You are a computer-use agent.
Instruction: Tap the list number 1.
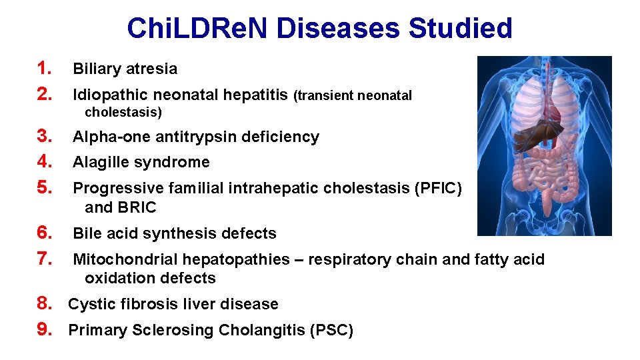pos(45,69)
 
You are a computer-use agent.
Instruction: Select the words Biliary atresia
pos(125,69)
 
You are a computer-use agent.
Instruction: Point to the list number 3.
pos(45,137)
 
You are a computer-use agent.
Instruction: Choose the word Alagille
pos(100,162)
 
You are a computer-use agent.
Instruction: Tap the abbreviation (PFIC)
pos(437,188)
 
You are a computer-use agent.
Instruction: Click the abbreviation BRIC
pos(138,207)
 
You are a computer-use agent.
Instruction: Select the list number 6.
pos(45,233)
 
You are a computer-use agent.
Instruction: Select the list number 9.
pos(45,329)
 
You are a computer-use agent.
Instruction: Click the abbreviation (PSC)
pos(332,330)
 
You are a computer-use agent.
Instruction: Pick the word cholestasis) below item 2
pos(123,112)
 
